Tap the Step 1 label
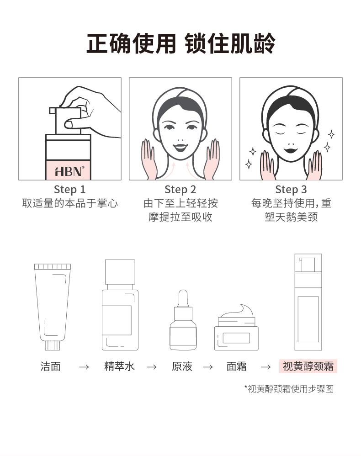(70, 190)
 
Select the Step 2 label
(180, 190)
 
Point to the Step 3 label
(291, 190)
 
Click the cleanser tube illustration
(53, 307)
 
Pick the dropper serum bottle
(183, 320)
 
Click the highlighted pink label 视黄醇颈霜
(308, 366)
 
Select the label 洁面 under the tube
(50, 366)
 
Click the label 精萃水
(119, 366)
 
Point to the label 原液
(182, 366)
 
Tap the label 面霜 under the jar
(236, 366)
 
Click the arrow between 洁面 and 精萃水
(84, 367)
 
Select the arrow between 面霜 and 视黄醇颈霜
(265, 367)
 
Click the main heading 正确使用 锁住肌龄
(180, 43)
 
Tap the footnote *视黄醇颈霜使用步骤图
(289, 389)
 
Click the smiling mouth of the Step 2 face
(180, 148)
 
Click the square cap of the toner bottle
(120, 272)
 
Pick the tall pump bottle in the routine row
(308, 302)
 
